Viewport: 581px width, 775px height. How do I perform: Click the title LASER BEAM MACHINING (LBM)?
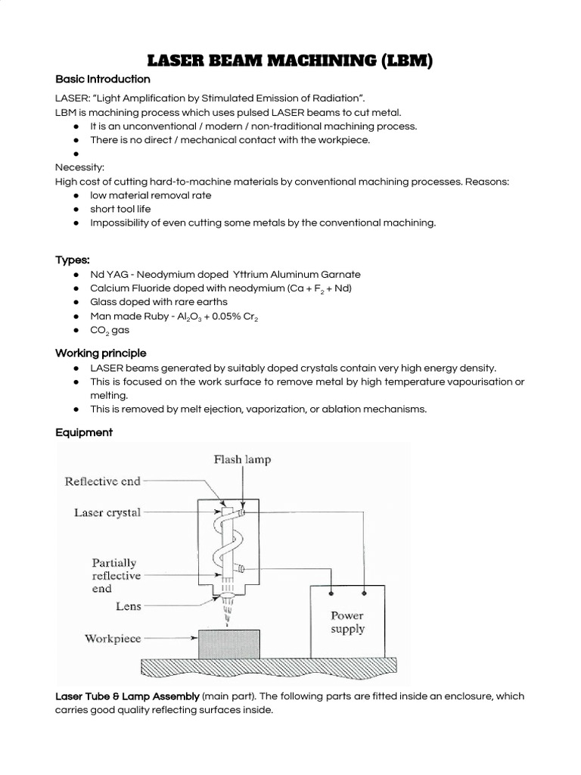290,60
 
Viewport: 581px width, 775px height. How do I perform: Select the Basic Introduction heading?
102,79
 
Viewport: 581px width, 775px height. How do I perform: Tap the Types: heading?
73,260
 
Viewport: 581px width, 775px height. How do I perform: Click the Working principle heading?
101,353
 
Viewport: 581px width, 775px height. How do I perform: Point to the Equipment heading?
83,433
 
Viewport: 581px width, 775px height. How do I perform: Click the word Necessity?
79,167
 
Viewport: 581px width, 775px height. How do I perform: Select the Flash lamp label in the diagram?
242,459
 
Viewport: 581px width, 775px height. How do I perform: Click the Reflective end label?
102,481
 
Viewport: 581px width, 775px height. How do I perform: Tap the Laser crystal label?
107,512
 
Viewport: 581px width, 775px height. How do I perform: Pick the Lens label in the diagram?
128,606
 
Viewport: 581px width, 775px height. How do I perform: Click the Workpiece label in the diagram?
113,639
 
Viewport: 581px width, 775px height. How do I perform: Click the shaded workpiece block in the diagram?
228,644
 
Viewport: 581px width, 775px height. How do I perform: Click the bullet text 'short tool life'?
120,209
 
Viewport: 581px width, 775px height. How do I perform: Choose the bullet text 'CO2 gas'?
110,330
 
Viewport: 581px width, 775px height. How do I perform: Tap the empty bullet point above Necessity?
77,154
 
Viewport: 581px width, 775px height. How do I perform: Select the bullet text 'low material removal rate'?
151,195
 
